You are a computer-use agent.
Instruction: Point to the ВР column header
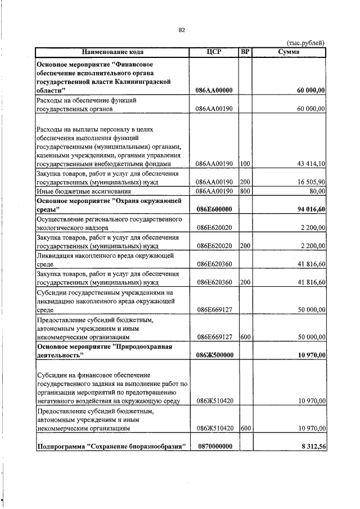pyautogui.click(x=245, y=52)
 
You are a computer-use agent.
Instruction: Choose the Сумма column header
pyautogui.click(x=289, y=52)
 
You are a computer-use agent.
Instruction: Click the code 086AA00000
pyautogui.click(x=214, y=90)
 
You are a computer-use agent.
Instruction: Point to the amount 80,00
pyautogui.click(x=316, y=191)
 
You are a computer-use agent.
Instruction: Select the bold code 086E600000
pyautogui.click(x=214, y=210)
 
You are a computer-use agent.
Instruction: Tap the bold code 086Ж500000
pyautogui.click(x=214, y=356)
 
